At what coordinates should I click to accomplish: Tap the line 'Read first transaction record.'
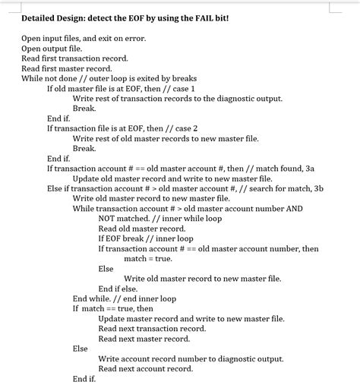(x=74, y=58)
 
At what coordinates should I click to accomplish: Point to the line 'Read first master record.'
(x=65, y=68)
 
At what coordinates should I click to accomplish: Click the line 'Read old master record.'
(x=141, y=228)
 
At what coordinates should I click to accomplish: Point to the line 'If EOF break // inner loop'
(x=146, y=238)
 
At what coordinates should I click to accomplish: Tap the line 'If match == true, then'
(x=112, y=308)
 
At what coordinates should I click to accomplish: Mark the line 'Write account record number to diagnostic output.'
(x=191, y=358)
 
